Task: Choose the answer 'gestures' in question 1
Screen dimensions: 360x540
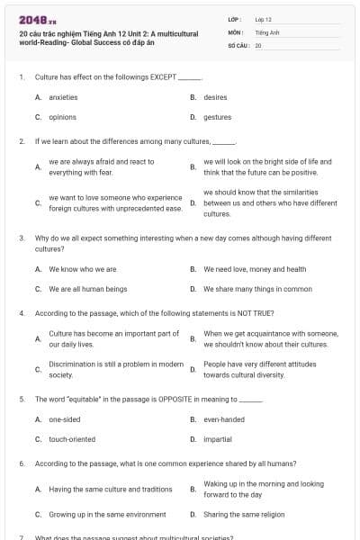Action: [217, 117]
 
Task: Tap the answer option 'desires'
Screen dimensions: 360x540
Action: [215, 96]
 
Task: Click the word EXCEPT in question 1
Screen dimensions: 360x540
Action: [165, 77]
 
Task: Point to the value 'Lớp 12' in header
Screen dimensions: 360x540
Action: [264, 19]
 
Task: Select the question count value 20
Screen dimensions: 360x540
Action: [258, 44]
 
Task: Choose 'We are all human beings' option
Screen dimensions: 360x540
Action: [83, 289]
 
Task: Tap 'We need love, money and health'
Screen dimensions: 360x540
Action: [255, 268]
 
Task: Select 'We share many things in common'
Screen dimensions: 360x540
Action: [257, 289]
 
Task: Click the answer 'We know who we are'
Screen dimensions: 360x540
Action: [82, 268]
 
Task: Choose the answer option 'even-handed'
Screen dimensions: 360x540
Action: [223, 419]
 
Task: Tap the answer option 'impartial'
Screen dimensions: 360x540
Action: [217, 439]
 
